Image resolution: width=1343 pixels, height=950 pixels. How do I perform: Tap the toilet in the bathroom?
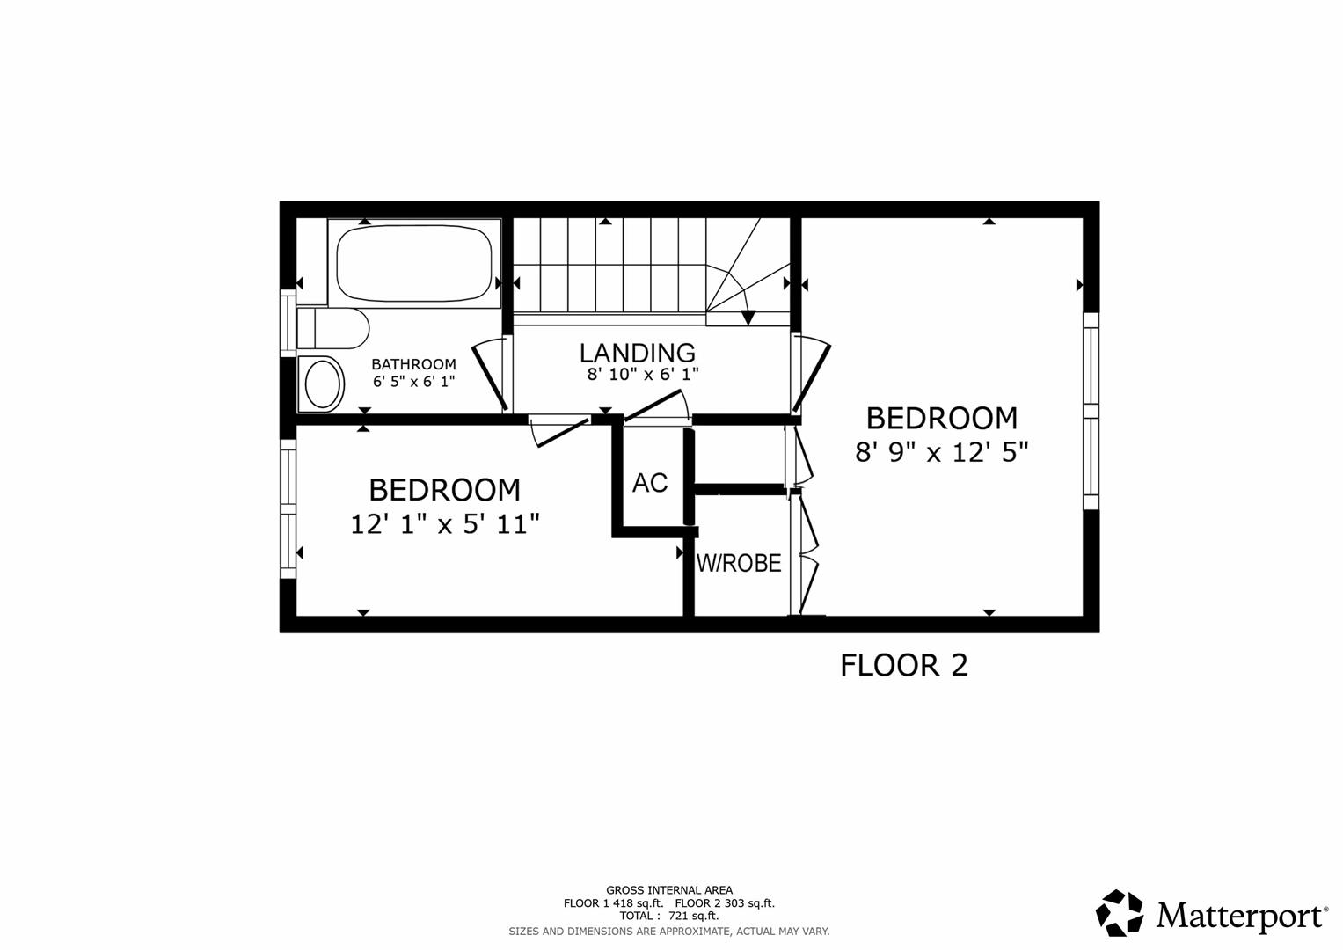click(x=332, y=329)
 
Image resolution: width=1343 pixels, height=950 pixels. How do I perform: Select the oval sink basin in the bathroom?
click(x=322, y=384)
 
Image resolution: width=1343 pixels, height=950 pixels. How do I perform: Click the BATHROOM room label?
click(x=413, y=364)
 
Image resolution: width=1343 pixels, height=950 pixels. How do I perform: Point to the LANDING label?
click(x=637, y=353)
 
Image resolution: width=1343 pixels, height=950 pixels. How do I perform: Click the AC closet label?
click(x=650, y=483)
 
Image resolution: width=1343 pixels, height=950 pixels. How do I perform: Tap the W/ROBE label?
click(x=739, y=563)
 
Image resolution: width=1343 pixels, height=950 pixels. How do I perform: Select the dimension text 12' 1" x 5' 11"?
click(x=444, y=525)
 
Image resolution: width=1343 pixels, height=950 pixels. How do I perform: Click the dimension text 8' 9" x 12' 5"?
click(x=941, y=452)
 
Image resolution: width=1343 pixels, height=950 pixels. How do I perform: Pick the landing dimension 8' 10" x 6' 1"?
click(x=643, y=375)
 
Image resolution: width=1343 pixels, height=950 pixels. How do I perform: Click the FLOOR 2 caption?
click(x=903, y=665)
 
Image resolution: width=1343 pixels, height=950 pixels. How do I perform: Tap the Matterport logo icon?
click(x=1119, y=914)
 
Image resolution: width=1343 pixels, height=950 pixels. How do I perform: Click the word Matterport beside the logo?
click(x=1241, y=916)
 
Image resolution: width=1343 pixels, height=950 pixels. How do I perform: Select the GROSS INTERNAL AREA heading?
click(x=668, y=890)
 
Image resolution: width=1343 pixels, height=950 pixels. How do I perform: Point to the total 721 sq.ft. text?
click(x=668, y=916)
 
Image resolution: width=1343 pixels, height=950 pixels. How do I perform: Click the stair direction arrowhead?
click(x=748, y=317)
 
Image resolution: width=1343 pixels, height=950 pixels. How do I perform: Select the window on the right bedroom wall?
click(x=1091, y=411)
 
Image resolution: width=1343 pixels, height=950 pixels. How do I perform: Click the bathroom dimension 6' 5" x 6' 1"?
click(x=413, y=382)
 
